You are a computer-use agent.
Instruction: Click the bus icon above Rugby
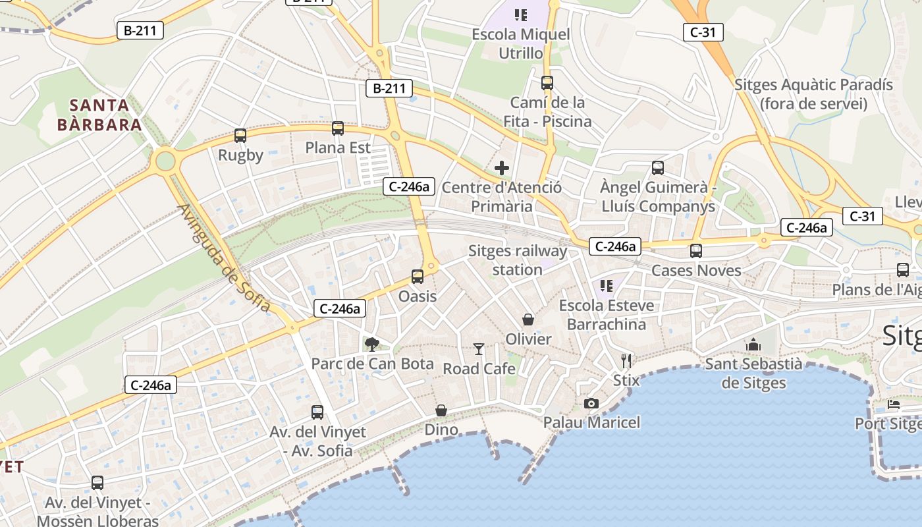tap(240, 136)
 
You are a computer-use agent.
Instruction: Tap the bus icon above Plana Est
tap(338, 128)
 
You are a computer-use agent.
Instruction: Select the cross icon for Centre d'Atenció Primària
tap(502, 168)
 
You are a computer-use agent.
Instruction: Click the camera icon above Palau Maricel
tap(591, 403)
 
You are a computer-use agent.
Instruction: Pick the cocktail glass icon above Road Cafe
tap(479, 349)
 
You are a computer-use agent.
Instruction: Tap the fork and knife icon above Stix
tap(626, 360)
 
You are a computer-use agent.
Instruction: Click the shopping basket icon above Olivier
tap(528, 320)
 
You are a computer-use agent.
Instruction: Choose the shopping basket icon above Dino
tap(441, 410)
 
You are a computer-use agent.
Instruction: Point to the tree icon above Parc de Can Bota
tap(372, 343)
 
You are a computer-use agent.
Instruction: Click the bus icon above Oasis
tap(418, 277)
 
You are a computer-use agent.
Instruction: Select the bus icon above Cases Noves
tap(696, 251)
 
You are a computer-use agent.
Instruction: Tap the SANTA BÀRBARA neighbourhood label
tap(99, 115)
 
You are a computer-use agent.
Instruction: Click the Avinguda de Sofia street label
tap(223, 258)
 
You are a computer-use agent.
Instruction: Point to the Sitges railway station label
tap(518, 260)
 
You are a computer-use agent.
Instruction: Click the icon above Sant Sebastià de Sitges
tap(753, 345)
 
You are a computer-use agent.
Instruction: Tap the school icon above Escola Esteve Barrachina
tap(607, 286)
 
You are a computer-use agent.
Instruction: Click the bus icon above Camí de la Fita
tap(547, 83)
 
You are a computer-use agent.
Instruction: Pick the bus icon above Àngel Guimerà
tap(658, 168)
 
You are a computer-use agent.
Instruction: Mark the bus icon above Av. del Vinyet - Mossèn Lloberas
tap(97, 483)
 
